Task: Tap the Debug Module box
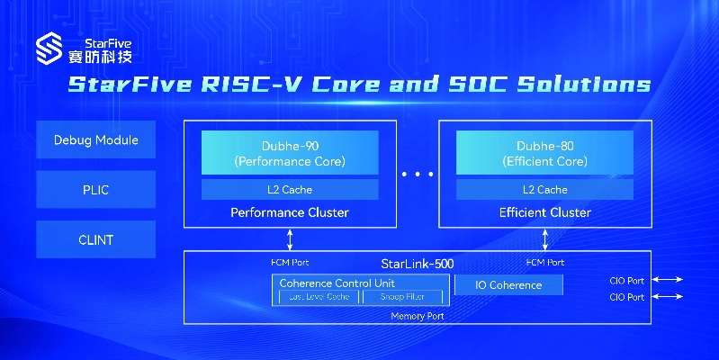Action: (x=95, y=140)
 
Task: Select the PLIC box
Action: (x=95, y=191)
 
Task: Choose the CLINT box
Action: (x=95, y=240)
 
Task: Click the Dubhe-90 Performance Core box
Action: (x=290, y=153)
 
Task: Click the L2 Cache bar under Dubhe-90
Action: (x=290, y=189)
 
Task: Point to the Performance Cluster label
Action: (x=290, y=212)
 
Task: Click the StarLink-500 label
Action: (x=418, y=264)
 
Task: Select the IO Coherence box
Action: (x=508, y=285)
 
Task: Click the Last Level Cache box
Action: (x=313, y=296)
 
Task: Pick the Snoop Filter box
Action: (x=402, y=296)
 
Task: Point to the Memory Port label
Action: (x=418, y=317)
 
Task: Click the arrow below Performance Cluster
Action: (x=290, y=238)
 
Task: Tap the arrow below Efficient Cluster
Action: (x=544, y=238)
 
